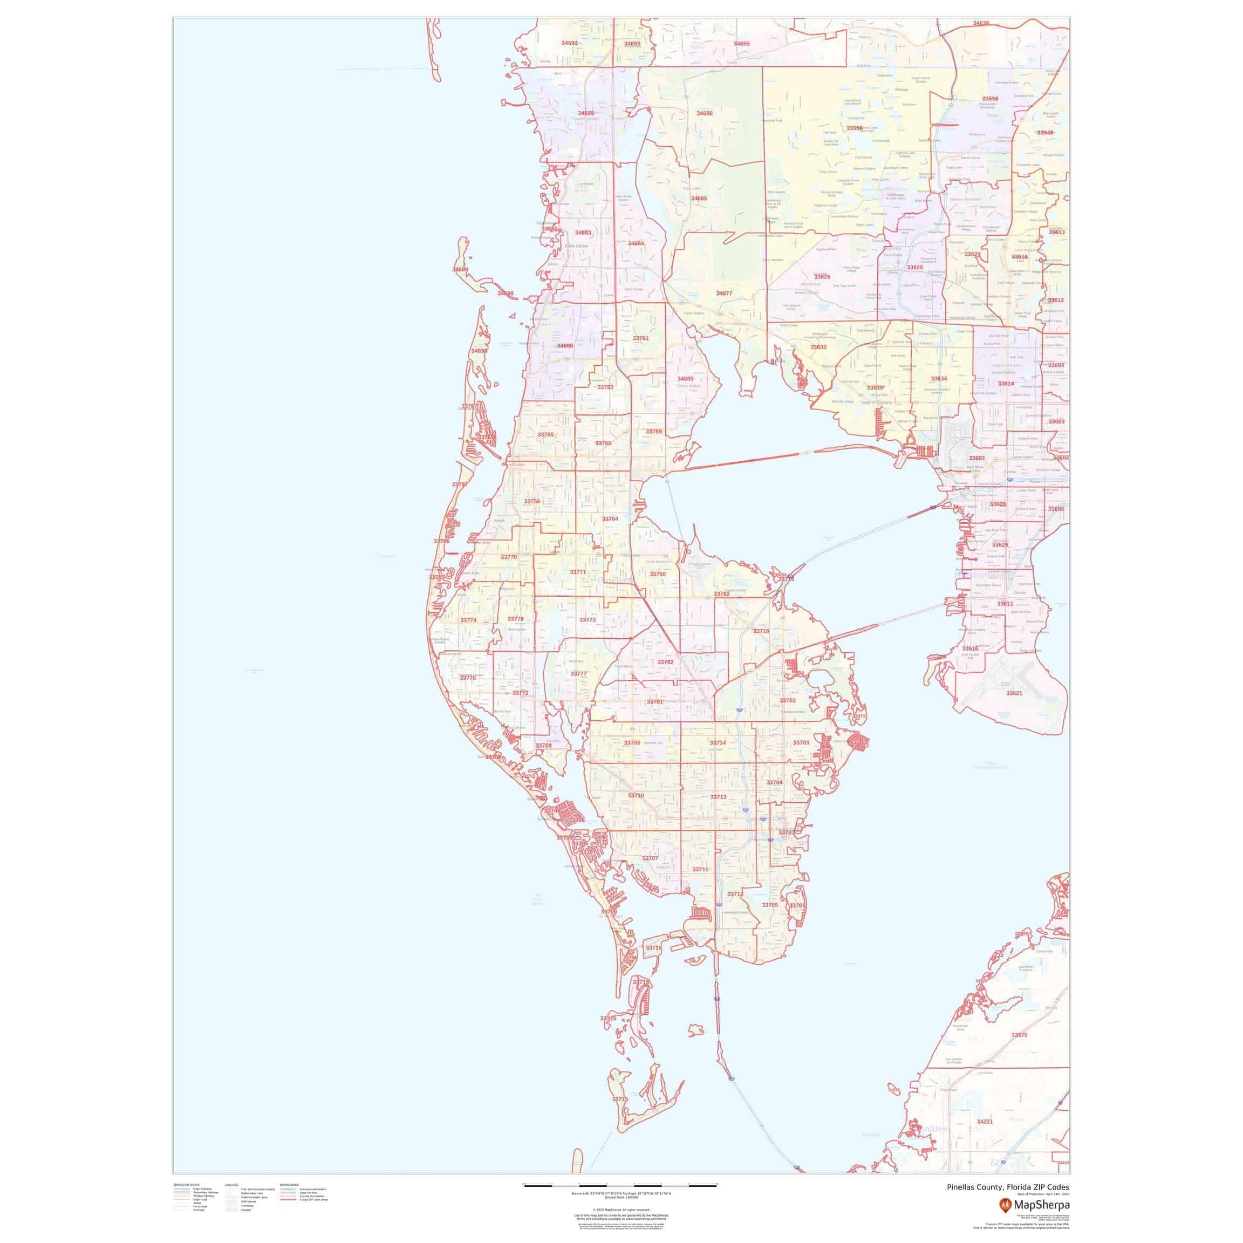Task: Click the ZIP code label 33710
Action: point(636,796)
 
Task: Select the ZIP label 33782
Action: point(665,662)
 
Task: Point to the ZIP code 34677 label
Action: point(725,293)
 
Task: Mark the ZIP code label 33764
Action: point(610,518)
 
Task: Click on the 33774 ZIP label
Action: point(468,620)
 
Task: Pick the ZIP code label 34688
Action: point(705,113)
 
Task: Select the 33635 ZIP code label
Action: point(818,347)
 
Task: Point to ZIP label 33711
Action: point(700,870)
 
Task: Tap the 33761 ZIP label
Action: point(641,338)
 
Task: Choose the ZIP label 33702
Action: point(788,700)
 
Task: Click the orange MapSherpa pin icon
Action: point(1005,1204)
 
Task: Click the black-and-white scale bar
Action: point(621,1184)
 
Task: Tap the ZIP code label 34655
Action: point(742,44)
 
